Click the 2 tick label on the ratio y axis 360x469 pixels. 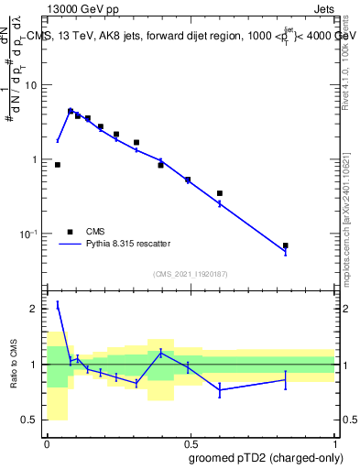36,309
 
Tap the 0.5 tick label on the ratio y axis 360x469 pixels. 32,420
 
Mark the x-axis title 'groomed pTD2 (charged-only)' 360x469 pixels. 265,457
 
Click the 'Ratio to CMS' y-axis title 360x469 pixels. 14,365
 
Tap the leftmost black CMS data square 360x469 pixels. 58,165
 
